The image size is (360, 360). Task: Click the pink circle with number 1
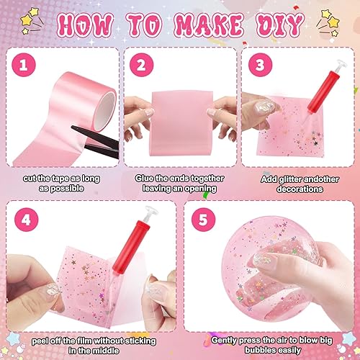[x=24, y=65]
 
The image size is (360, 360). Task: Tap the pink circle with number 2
[x=141, y=65]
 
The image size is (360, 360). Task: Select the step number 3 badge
[x=260, y=65]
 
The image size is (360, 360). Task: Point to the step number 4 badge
[x=26, y=220]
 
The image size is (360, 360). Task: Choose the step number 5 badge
[x=203, y=220]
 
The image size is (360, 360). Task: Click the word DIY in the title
[x=280, y=25]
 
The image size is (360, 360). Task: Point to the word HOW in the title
[x=85, y=26]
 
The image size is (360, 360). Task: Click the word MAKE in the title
[x=208, y=26]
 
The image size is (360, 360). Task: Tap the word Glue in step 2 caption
[x=145, y=179]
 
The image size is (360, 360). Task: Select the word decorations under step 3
[x=300, y=189]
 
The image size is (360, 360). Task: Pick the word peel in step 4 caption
[x=40, y=341]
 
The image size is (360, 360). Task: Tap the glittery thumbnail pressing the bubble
[x=262, y=259]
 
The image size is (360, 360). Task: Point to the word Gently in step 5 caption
[x=224, y=341]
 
